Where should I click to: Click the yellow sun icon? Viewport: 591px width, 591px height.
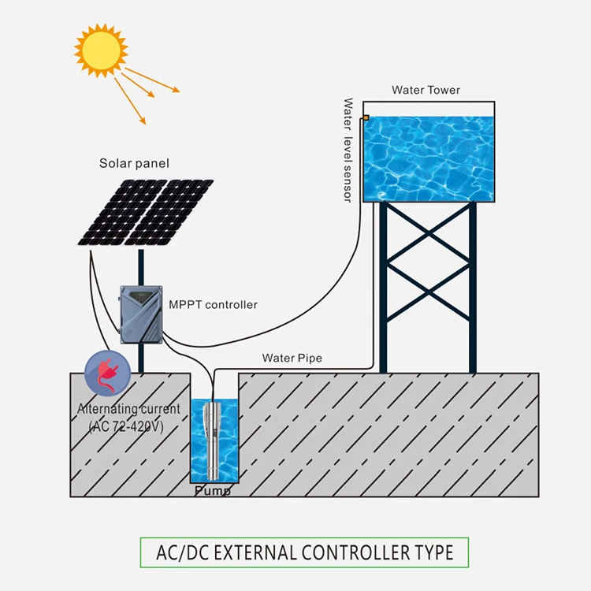pyautogui.click(x=101, y=50)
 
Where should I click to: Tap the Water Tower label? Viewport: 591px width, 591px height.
pyautogui.click(x=426, y=90)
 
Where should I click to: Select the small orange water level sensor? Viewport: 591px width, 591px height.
pyautogui.click(x=365, y=118)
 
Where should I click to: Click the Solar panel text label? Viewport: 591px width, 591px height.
pyautogui.click(x=134, y=164)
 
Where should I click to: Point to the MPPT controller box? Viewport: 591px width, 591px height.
pyautogui.click(x=141, y=314)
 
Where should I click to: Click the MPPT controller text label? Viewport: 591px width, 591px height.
pyautogui.click(x=213, y=304)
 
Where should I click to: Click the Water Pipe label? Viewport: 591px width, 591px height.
pyautogui.click(x=292, y=359)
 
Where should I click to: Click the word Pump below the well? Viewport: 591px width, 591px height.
pyautogui.click(x=213, y=491)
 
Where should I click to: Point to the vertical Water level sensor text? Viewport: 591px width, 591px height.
pyautogui.click(x=348, y=150)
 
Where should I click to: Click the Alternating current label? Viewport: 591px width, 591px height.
pyautogui.click(x=128, y=410)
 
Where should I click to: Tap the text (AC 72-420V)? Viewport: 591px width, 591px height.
pyautogui.click(x=126, y=426)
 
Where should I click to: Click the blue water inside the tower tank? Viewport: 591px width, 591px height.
pyautogui.click(x=429, y=158)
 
